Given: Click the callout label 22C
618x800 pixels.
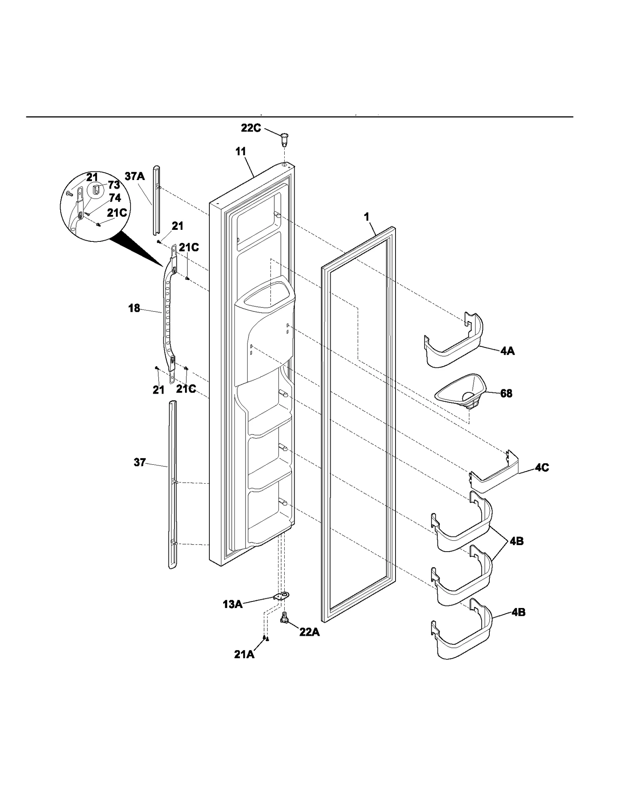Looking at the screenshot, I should click(251, 128).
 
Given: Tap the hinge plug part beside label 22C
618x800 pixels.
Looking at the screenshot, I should click(284, 138).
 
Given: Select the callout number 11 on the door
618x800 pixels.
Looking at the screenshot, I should click(241, 151).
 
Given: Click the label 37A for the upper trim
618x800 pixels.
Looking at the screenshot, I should click(134, 177).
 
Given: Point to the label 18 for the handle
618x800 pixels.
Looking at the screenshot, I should click(134, 309).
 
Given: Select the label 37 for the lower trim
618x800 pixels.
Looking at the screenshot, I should click(139, 462).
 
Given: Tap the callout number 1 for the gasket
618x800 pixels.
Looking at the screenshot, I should click(367, 217).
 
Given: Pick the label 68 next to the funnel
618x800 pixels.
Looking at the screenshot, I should click(506, 393).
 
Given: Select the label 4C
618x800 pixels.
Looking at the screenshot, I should click(542, 467).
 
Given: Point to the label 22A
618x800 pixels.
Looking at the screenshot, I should click(309, 632).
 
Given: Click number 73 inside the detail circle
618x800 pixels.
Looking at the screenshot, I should click(114, 185).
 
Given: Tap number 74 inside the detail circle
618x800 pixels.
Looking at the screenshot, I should click(115, 198).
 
